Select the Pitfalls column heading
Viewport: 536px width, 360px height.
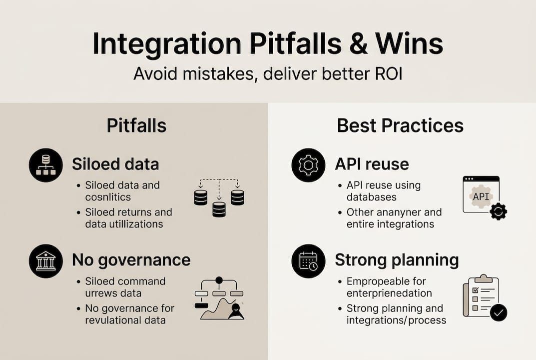click(136, 125)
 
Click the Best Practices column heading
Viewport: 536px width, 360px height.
click(400, 125)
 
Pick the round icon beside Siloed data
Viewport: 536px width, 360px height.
click(46, 165)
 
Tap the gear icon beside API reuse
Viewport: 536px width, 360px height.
click(308, 165)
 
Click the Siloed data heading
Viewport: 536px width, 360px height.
click(116, 164)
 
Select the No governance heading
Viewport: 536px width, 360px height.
click(131, 260)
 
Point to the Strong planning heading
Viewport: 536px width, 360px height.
click(397, 260)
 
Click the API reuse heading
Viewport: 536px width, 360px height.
click(372, 164)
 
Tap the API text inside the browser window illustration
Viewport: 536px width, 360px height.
click(481, 196)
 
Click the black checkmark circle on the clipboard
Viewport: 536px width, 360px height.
click(498, 313)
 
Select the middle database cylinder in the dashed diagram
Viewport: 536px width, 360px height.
click(219, 209)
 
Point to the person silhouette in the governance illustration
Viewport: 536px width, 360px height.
click(236, 311)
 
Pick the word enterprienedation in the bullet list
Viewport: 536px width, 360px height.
click(389, 293)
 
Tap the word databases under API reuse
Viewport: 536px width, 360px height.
click(372, 198)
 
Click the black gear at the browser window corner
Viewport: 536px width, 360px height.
click(498, 211)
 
